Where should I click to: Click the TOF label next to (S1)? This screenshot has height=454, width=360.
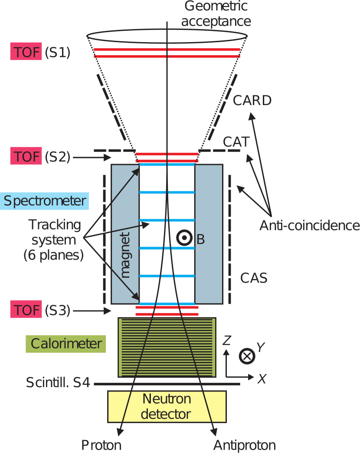26,53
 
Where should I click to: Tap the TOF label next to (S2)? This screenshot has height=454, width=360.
26,156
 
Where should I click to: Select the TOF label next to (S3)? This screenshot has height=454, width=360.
26,310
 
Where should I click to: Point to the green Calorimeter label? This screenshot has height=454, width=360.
66,344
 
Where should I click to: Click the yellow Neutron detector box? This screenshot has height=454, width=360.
167,406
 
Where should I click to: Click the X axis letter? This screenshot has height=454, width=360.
262,379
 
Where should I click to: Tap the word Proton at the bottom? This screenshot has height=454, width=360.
101,445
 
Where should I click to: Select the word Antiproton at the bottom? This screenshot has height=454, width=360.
244,445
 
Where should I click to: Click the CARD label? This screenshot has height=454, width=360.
252,101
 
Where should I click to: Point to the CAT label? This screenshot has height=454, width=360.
236,142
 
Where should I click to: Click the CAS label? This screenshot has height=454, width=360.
254,278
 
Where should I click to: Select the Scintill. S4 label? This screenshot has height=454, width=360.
58,383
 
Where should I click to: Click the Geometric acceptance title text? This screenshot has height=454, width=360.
216,14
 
